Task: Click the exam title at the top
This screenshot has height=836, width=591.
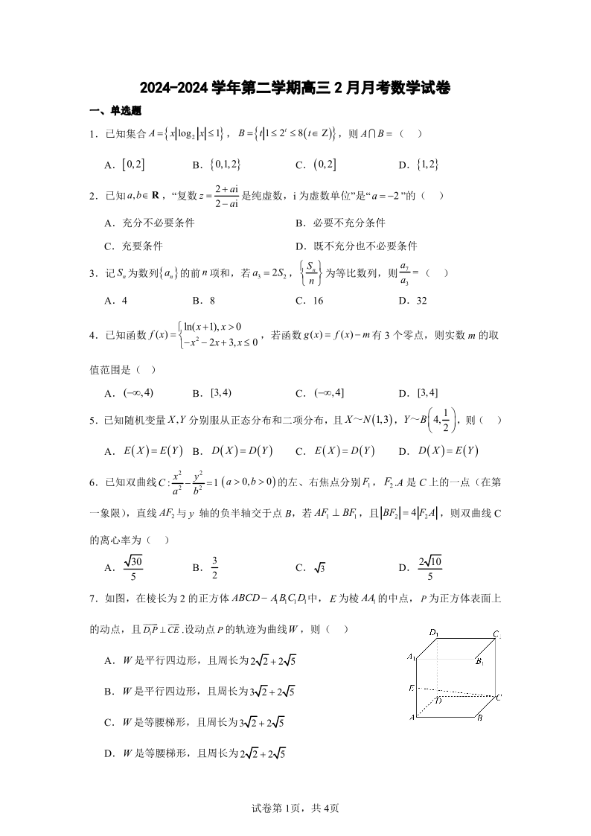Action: click(295, 89)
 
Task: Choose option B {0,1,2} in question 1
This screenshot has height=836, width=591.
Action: click(216, 165)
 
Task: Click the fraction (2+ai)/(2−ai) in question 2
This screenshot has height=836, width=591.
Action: click(231, 196)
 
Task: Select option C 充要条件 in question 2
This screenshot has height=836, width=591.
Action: click(133, 246)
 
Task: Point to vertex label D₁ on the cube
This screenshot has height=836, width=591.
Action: click(434, 632)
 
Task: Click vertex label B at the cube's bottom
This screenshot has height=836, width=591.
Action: click(481, 718)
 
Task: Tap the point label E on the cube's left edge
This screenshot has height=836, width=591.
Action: click(411, 687)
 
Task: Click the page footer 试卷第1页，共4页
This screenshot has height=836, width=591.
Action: click(295, 808)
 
